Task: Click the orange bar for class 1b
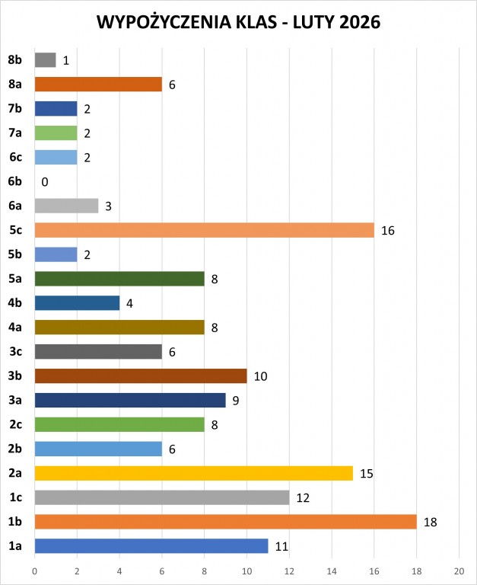pos(225,522)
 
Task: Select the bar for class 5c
pos(204,230)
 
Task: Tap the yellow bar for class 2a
pos(193,473)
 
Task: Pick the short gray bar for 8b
pos(45,60)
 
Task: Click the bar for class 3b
pos(141,376)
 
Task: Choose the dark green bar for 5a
pos(119,279)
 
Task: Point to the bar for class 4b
pos(77,303)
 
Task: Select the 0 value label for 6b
pos(45,182)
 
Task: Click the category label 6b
pos(14,181)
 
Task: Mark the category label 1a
pos(14,546)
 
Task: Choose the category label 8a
pos(14,85)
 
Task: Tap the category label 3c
pos(14,352)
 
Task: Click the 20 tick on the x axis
pos(459,570)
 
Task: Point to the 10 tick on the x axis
pos(246,570)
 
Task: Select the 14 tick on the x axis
pos(332,570)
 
